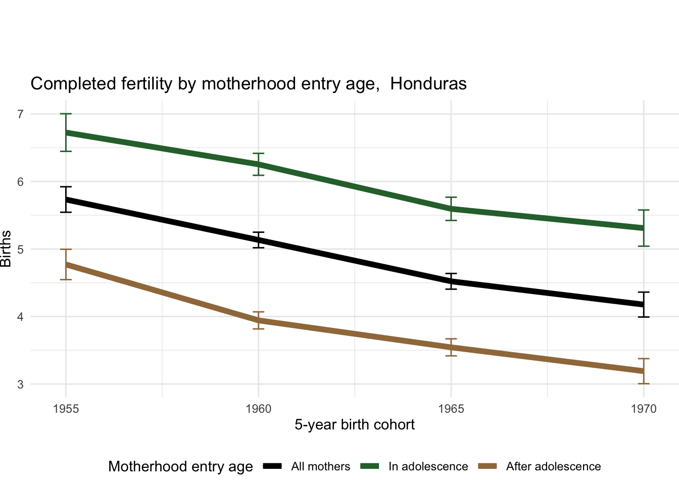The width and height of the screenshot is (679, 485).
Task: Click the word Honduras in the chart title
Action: (x=428, y=84)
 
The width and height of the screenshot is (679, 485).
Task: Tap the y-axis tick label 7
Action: (x=20, y=114)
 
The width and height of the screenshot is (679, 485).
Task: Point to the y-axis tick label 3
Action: (x=20, y=384)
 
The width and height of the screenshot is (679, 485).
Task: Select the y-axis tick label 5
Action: (x=20, y=249)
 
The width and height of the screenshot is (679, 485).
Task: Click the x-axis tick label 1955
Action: (x=66, y=409)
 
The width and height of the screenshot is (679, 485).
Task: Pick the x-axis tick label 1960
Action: (x=259, y=409)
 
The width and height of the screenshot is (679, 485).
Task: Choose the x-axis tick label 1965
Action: (x=451, y=409)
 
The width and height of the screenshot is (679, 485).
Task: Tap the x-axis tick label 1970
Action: (x=644, y=409)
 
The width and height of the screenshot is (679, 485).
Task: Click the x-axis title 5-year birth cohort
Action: (x=355, y=425)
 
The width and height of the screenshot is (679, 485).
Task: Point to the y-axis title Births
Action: (x=6, y=249)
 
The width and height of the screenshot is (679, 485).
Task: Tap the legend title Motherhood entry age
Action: (x=180, y=467)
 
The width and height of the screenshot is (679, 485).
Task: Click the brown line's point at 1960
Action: (x=259, y=320)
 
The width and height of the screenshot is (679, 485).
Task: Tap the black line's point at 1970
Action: (x=644, y=305)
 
